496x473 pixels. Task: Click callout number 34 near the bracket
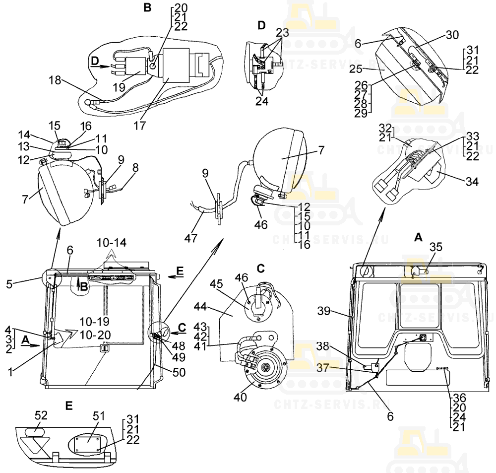(x=472, y=182)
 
